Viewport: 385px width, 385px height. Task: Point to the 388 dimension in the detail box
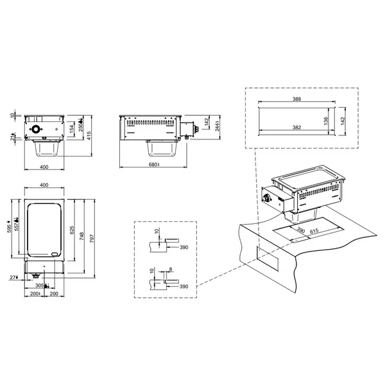pos(296,100)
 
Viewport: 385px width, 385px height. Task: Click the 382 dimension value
pos(296,128)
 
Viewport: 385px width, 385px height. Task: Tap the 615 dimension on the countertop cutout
pos(315,232)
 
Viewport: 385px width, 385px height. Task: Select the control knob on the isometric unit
pos(265,199)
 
